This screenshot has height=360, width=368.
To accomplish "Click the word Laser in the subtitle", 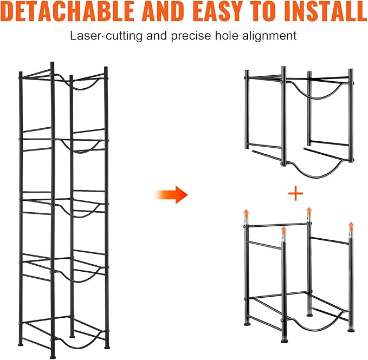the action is [86, 36].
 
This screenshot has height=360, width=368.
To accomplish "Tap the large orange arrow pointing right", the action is [171, 195].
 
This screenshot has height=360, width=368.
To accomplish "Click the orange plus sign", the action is [295, 194].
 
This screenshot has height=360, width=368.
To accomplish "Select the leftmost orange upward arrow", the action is [246, 214].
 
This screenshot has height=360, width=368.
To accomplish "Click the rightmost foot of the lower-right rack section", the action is [351, 330].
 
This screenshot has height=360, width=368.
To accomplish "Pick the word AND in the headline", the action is [165, 11].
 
